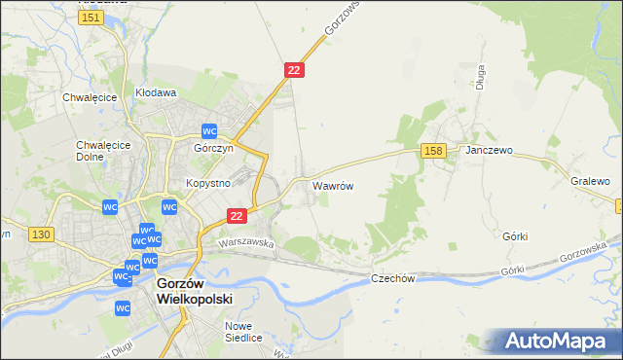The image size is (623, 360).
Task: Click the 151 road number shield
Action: (x=91, y=18)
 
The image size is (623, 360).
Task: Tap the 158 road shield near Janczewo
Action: (x=434, y=150)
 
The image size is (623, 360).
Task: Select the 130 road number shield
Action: (x=40, y=234)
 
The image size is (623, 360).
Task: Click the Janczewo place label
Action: (x=489, y=151)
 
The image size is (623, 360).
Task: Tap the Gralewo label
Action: (x=590, y=181)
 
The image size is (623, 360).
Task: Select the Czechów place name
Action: (x=393, y=278)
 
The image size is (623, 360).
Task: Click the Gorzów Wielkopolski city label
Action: (x=195, y=292)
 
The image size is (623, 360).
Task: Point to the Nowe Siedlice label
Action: (x=243, y=332)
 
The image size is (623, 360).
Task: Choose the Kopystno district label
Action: (x=207, y=182)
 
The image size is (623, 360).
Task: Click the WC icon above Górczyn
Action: (x=209, y=131)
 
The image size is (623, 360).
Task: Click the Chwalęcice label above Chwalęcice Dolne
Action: (x=90, y=97)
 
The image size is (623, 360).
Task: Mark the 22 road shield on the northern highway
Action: (x=295, y=70)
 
